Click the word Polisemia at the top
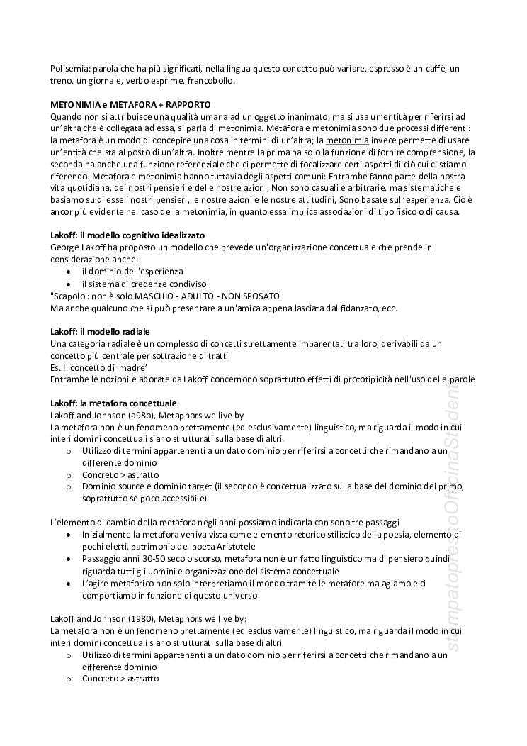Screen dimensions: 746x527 (69, 69)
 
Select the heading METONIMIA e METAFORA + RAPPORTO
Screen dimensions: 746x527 (130, 104)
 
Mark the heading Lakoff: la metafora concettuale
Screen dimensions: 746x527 (113, 403)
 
